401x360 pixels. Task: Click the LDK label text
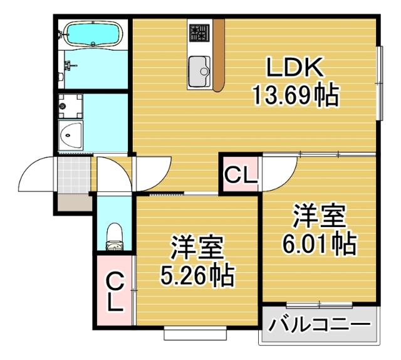click(295, 67)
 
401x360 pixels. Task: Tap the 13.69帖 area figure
click(295, 95)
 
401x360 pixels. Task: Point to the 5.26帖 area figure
click(197, 274)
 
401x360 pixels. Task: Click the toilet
click(115, 236)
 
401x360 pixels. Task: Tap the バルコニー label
click(320, 326)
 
